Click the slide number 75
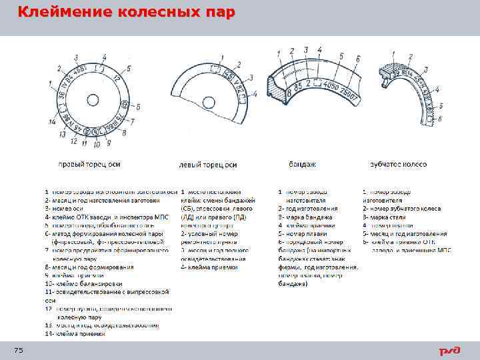click(19, 351)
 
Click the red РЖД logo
click(449, 351)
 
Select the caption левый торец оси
click(209, 165)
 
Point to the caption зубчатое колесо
click(399, 163)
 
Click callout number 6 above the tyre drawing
click(359, 59)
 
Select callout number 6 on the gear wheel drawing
click(441, 117)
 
